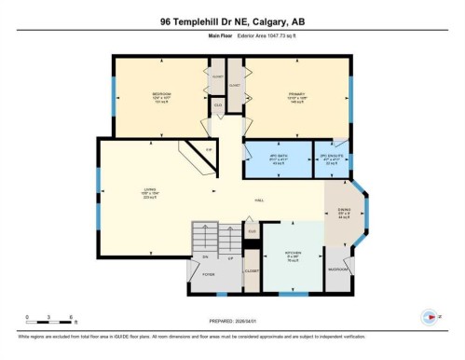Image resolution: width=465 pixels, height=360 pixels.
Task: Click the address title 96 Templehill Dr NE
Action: tap(232, 20)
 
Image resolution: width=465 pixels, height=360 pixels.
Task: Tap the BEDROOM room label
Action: tap(162, 94)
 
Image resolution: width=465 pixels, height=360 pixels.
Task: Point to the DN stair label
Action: tap(203, 256)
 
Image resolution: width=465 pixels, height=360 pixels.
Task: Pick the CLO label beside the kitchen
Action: tap(252, 229)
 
